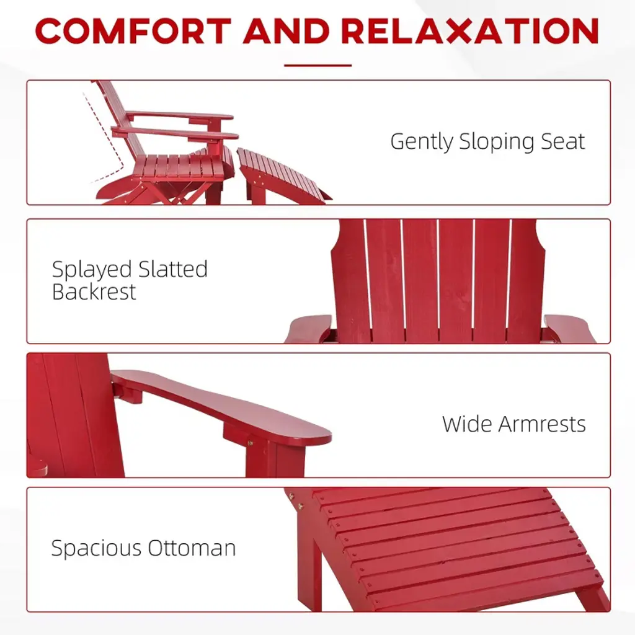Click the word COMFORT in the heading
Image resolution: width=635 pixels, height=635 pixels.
point(133,31)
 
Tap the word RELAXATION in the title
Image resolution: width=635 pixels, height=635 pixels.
point(470,31)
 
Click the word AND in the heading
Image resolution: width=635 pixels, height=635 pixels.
point(286,31)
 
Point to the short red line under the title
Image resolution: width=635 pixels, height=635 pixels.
point(317,65)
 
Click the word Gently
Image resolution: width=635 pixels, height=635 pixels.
point(422,142)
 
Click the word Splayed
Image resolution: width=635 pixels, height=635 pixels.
point(92,270)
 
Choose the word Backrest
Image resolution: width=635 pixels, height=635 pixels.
point(94,291)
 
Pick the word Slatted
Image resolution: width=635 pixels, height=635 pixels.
point(173,269)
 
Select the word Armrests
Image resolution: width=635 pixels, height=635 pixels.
point(542,424)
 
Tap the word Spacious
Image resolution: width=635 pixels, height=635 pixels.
point(96,549)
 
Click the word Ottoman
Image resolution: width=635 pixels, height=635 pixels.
point(192,548)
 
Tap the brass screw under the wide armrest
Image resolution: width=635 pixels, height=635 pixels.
point(250,443)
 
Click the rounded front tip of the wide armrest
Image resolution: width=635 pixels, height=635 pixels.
point(326,437)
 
